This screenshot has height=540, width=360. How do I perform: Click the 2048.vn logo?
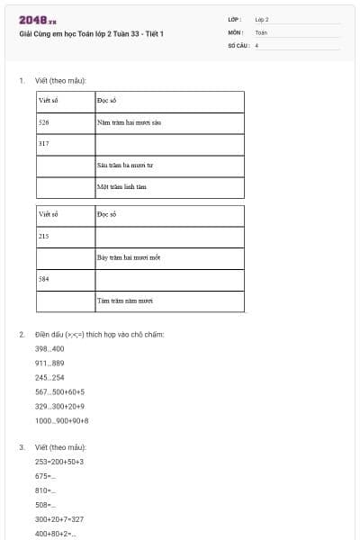pos(38,19)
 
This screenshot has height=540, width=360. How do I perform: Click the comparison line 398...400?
pos(49,348)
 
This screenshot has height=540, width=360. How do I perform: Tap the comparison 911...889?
pos(49,363)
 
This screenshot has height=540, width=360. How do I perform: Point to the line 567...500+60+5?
pos(59,391)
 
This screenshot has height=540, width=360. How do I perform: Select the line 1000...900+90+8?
pos(61,420)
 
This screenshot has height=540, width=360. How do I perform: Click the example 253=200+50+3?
pos(59,462)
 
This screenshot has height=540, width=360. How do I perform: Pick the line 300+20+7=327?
pos(59,519)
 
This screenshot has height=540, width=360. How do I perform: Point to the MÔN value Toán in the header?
pos(261,31)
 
